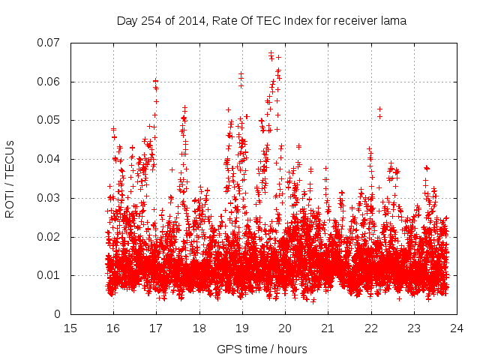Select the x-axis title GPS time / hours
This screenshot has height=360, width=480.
click(x=261, y=349)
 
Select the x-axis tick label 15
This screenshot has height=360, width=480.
click(x=70, y=328)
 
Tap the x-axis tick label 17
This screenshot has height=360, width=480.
click(x=156, y=328)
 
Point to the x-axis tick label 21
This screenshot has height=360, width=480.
click(x=328, y=328)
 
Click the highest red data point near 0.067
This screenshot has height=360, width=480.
click(x=271, y=53)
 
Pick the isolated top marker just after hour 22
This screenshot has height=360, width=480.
click(x=379, y=109)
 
